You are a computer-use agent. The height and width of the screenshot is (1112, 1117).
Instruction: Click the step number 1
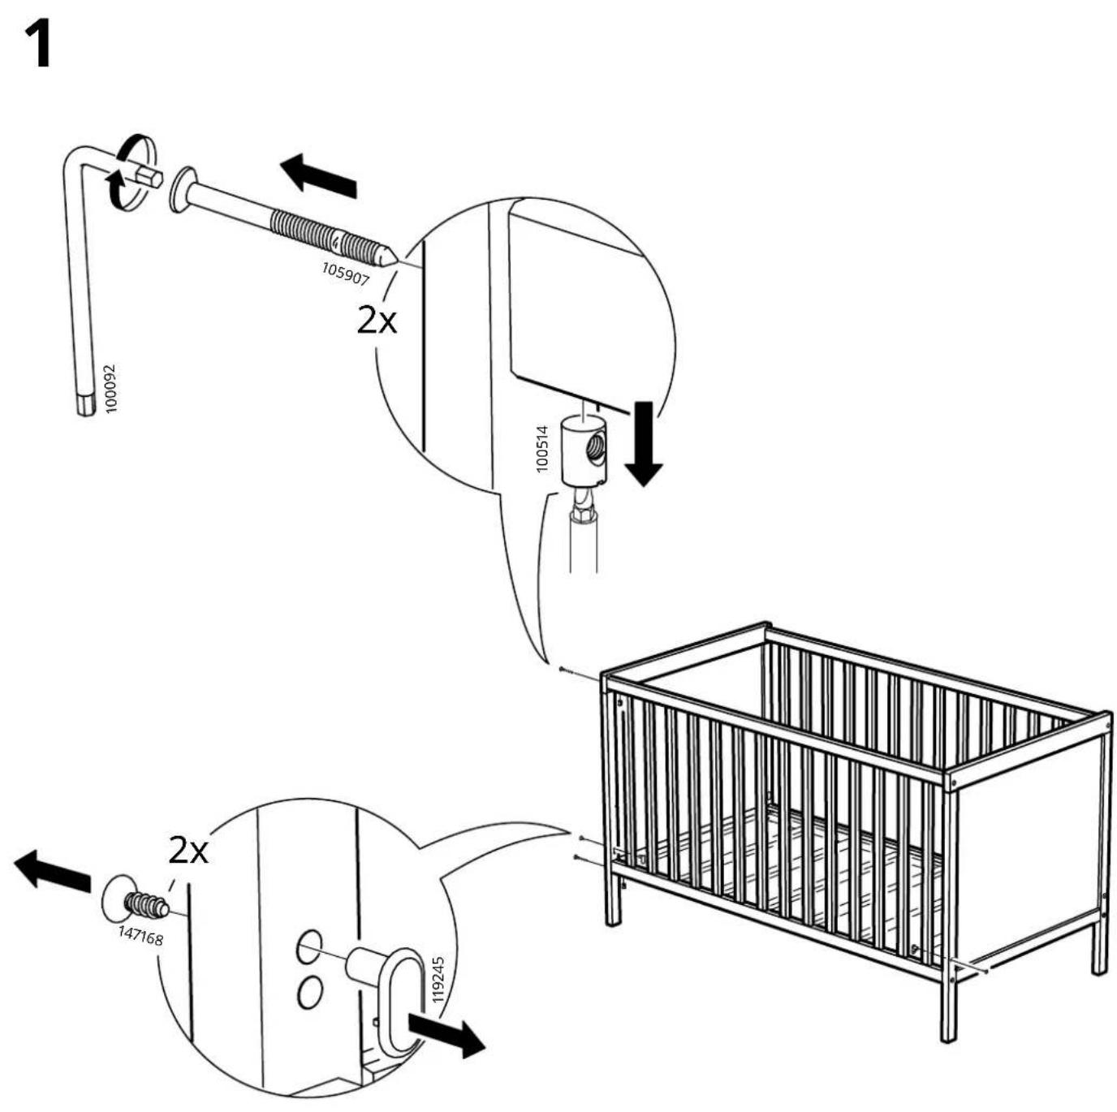[38, 44]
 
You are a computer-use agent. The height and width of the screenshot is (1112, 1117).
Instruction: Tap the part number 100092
[110, 388]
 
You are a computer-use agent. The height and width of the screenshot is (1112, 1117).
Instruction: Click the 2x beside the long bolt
[377, 321]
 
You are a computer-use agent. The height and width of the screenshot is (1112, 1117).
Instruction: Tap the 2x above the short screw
[188, 851]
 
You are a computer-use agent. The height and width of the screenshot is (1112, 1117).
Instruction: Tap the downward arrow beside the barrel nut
[644, 443]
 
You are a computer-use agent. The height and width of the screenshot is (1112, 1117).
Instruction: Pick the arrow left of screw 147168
[52, 869]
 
